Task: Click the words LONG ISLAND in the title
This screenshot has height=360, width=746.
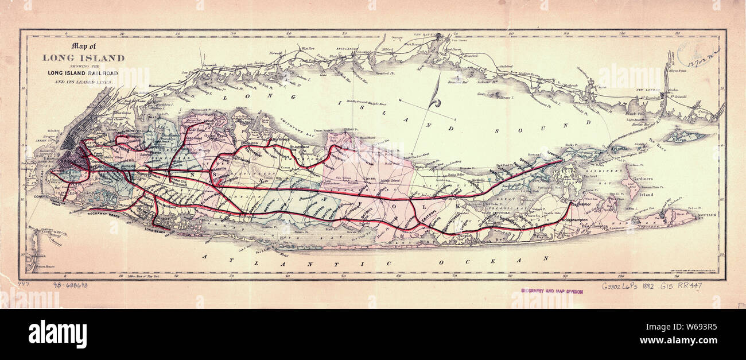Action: [x=83, y=57]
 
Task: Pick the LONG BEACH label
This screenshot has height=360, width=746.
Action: [x=156, y=231]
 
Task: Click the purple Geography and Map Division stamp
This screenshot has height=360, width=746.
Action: [x=551, y=291]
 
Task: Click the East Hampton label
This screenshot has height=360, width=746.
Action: [x=595, y=227]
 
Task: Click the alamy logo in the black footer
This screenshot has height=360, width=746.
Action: [x=57, y=334]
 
